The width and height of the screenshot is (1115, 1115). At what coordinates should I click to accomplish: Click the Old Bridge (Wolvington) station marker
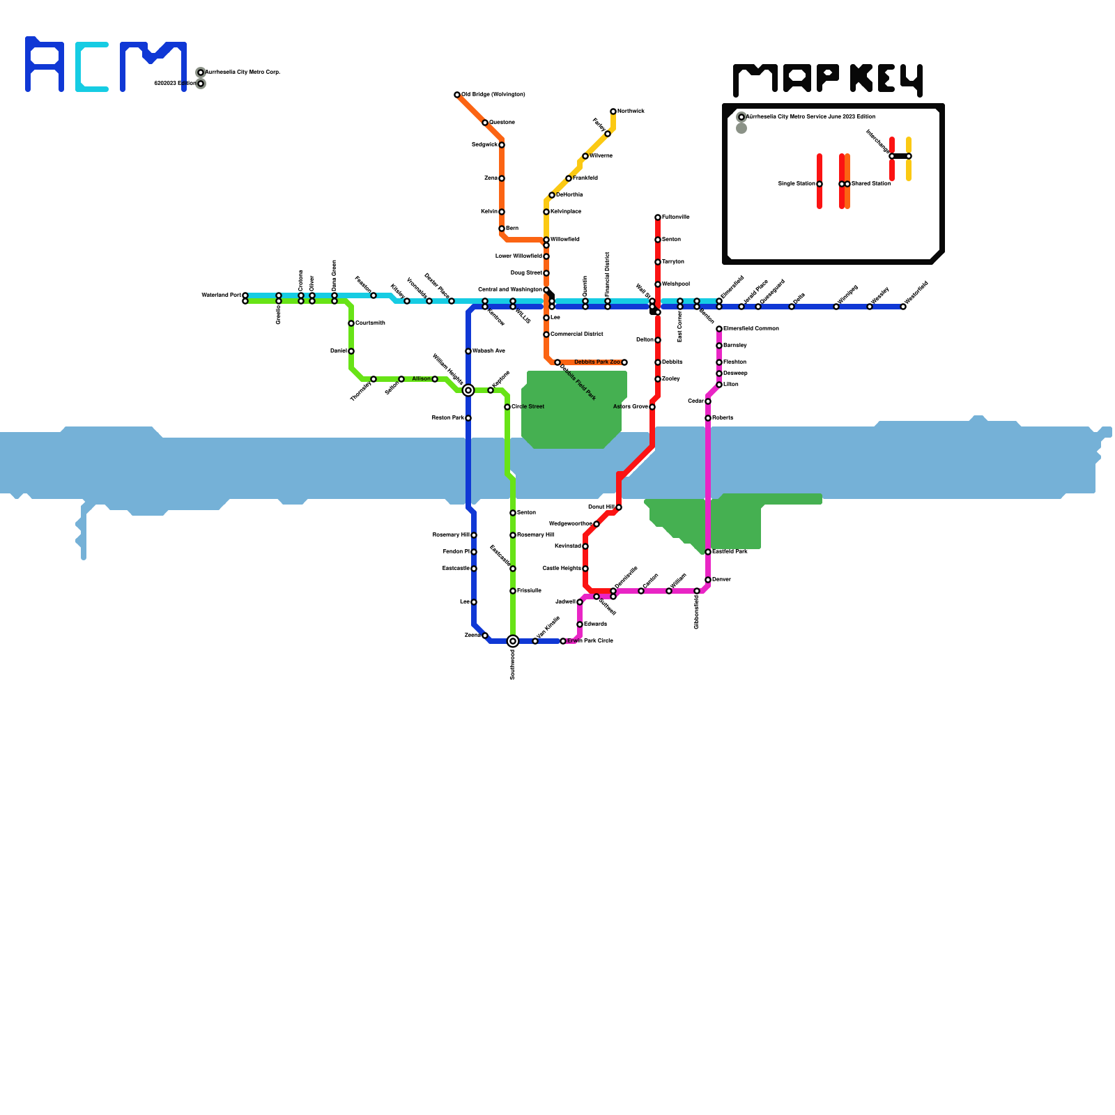(457, 95)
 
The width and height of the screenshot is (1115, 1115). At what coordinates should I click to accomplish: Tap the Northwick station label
(631, 111)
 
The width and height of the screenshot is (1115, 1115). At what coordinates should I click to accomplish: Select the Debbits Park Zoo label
(597, 362)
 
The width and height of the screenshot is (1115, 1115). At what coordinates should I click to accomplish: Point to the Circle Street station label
(528, 407)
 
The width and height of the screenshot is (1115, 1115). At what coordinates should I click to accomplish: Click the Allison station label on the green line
(421, 379)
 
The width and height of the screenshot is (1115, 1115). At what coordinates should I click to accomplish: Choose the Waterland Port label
(221, 295)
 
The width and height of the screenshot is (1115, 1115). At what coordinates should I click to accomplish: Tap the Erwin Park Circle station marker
(563, 641)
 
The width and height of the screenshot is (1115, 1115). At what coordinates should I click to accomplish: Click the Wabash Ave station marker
(468, 351)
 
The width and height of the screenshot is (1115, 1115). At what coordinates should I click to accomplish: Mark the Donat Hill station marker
(619, 507)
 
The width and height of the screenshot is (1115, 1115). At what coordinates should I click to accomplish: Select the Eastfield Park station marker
(708, 552)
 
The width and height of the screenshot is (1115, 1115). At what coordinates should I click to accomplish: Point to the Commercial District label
(577, 334)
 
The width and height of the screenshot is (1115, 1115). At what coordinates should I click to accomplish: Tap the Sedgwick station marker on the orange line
(502, 145)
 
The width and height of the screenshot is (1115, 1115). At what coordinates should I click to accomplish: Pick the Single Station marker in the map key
(820, 184)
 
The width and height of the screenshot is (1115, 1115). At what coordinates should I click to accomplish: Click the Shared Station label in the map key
(871, 184)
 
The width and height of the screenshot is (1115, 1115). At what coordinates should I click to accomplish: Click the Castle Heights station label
(562, 569)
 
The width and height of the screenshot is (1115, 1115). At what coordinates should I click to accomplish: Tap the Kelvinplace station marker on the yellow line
(546, 212)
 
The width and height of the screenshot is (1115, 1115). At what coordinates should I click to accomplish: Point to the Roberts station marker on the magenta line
(708, 418)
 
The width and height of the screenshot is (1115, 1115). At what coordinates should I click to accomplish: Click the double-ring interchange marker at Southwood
(513, 641)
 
